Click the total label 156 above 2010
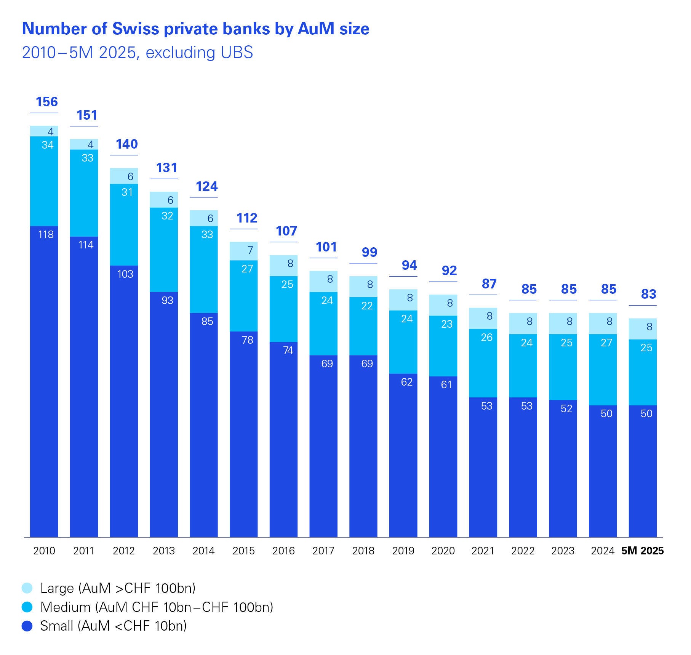pyautogui.click(x=46, y=102)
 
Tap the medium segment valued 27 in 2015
pyautogui.click(x=243, y=295)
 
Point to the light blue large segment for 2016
pyautogui.click(x=283, y=266)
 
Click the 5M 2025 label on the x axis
pyautogui.click(x=642, y=551)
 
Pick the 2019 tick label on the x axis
pyautogui.click(x=403, y=551)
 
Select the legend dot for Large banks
pyautogui.click(x=27, y=588)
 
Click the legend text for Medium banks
pyautogui.click(x=157, y=607)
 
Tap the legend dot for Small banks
pyautogui.click(x=27, y=626)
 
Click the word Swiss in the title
pyautogui.click(x=135, y=29)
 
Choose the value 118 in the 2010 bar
pyautogui.click(x=46, y=234)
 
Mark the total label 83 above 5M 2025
pyautogui.click(x=648, y=294)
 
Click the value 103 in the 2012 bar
pyautogui.click(x=125, y=274)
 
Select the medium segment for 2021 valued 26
pyautogui.click(x=483, y=363)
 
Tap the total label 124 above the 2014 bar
pyautogui.click(x=206, y=186)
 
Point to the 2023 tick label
pyautogui.click(x=563, y=551)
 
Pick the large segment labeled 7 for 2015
pyautogui.click(x=243, y=251)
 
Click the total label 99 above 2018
pyautogui.click(x=369, y=252)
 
